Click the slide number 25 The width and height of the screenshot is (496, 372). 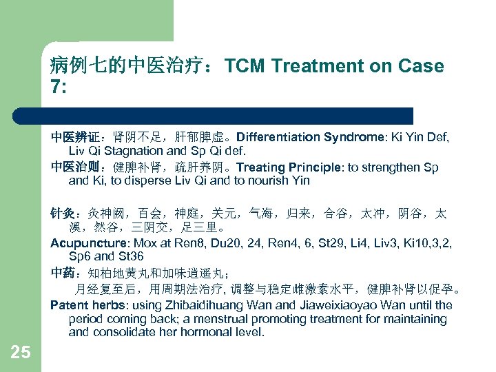(x=21, y=353)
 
